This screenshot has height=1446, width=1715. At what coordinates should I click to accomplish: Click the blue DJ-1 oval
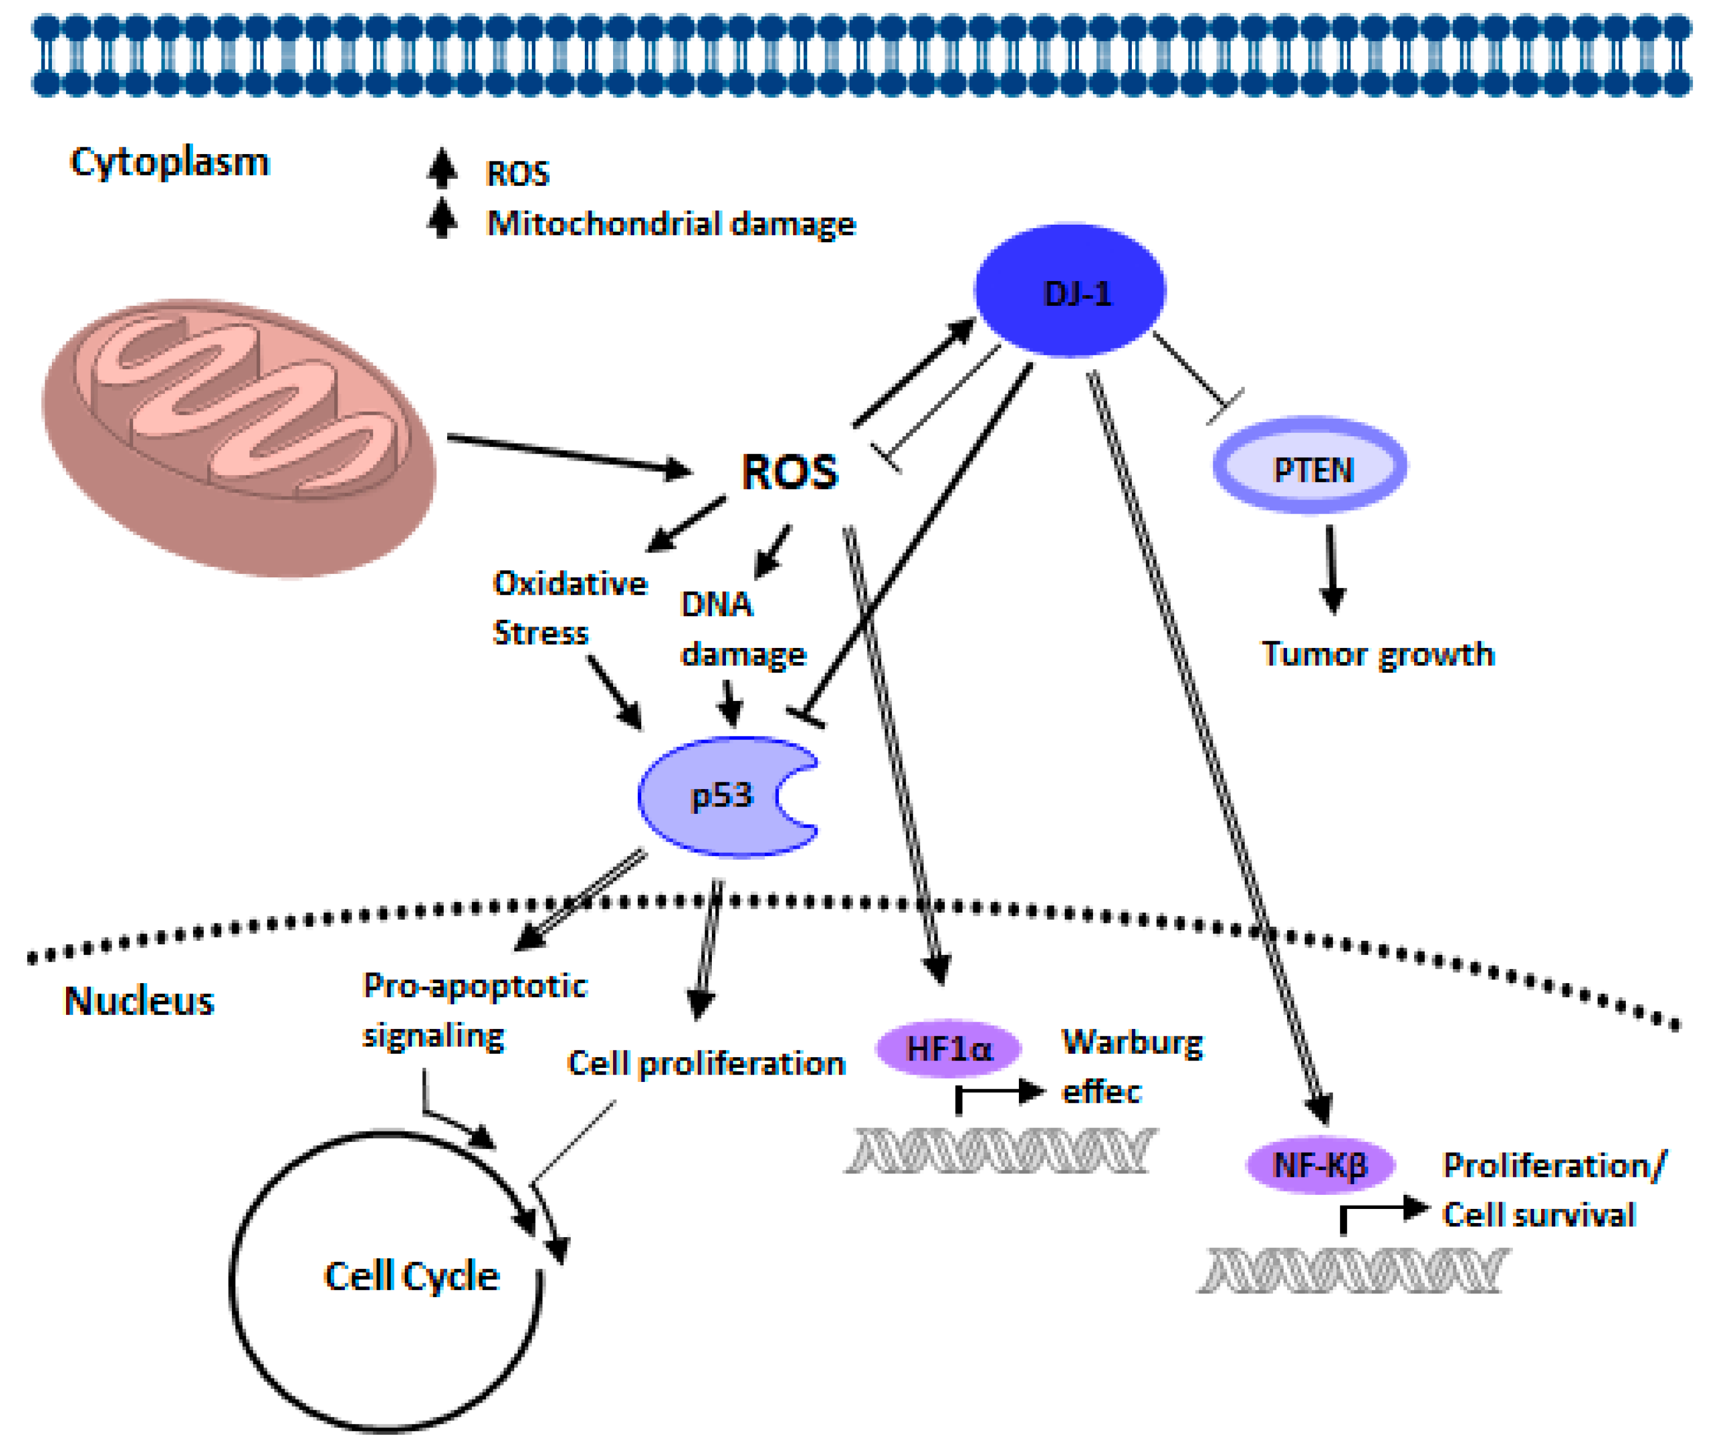tap(1070, 291)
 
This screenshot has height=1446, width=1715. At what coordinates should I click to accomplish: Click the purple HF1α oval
tap(948, 1049)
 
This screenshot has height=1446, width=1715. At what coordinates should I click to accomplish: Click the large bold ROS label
tap(789, 473)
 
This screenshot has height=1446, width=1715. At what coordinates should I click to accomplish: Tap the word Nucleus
tap(139, 1001)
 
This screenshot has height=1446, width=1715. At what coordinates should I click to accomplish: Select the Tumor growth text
tap(1377, 654)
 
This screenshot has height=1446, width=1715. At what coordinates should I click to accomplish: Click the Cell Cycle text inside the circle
tap(412, 1276)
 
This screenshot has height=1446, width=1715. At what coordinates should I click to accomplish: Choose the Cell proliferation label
tap(706, 1063)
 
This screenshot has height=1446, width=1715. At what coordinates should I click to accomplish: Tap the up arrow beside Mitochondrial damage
tap(443, 218)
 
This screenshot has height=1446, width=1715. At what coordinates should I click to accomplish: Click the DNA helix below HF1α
tap(1000, 1150)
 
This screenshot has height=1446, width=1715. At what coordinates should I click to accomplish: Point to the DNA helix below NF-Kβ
tap(1353, 1270)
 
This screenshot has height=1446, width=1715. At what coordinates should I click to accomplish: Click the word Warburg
tap(1132, 1042)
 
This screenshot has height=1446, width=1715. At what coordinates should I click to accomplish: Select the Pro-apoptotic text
tap(475, 986)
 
